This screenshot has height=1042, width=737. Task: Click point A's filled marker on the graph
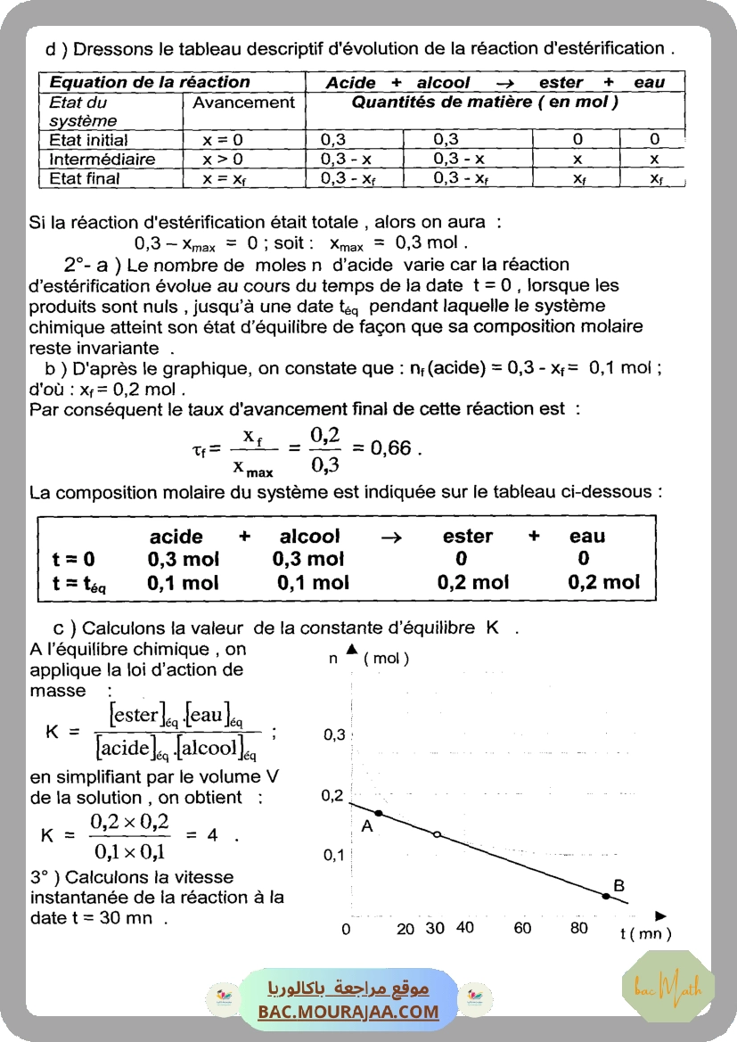379,813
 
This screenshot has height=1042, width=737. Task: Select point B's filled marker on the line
606,895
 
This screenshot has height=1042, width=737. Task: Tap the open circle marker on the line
437,834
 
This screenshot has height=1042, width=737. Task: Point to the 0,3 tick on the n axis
334,734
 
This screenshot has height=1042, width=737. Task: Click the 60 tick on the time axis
522,928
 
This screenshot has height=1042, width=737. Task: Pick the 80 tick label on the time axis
579,928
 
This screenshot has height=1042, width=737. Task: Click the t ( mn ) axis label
645,933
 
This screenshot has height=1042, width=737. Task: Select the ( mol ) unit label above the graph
386,659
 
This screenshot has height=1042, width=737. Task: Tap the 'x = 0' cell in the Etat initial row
223,140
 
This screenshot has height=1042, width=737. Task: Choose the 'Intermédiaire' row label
102,160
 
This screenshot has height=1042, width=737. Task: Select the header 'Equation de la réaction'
150,82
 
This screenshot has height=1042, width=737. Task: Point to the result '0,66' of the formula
391,447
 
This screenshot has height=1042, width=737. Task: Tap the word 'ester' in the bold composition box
467,537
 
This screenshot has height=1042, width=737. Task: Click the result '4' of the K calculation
212,835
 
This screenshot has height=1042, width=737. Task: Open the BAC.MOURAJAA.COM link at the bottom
348,1012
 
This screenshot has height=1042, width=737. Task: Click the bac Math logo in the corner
667,987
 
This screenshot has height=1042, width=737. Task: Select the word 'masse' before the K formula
58,691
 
